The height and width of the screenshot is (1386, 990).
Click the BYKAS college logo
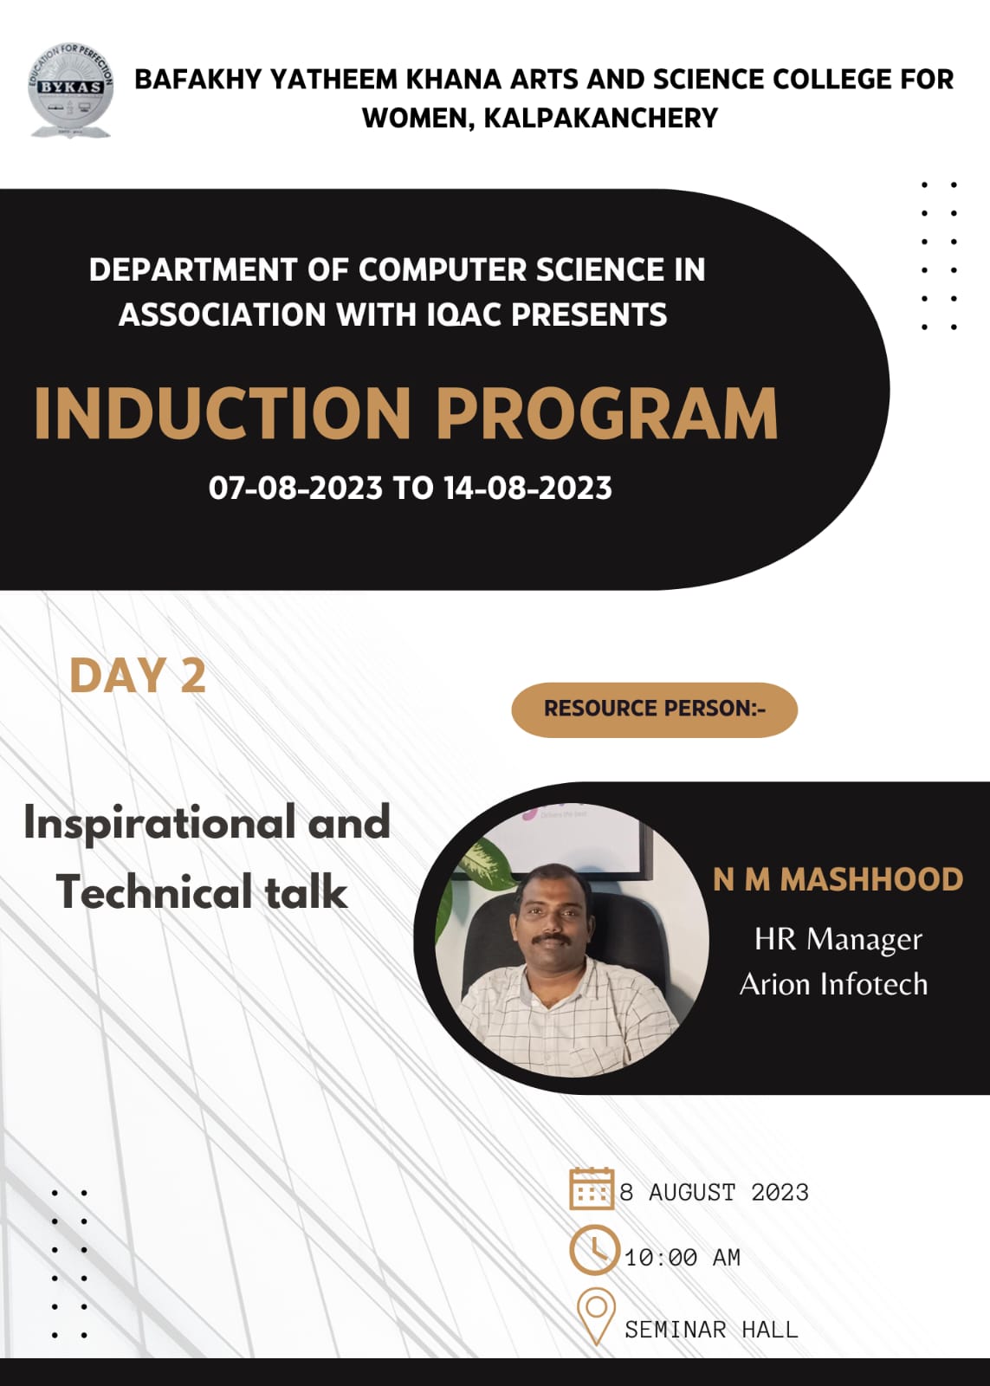click(x=70, y=90)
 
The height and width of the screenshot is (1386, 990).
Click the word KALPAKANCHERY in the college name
click(x=601, y=118)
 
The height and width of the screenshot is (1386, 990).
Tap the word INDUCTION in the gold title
click(x=222, y=413)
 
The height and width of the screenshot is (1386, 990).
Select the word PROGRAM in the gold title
click(x=607, y=413)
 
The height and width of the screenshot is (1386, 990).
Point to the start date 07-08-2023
click(x=295, y=489)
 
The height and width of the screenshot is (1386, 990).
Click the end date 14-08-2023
click(x=527, y=489)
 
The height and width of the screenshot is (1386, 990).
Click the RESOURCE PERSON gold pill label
click(x=655, y=709)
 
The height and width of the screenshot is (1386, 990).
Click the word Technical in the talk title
click(x=154, y=892)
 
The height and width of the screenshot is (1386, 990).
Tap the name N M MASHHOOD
click(x=838, y=879)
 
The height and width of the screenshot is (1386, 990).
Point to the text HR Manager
click(x=838, y=940)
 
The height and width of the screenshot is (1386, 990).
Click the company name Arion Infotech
click(x=834, y=984)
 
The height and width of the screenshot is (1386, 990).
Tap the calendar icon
click(x=592, y=1188)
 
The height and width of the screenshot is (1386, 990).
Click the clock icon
click(x=594, y=1250)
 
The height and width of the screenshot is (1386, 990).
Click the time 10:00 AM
click(x=683, y=1257)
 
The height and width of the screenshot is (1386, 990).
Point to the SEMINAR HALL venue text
click(x=712, y=1329)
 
